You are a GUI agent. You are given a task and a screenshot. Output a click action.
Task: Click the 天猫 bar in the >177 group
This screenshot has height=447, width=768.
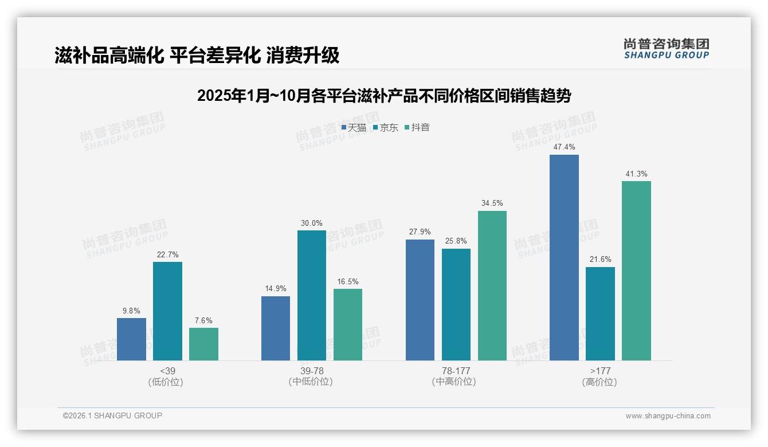564,257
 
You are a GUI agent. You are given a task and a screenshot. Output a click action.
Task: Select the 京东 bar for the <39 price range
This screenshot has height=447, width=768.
167,311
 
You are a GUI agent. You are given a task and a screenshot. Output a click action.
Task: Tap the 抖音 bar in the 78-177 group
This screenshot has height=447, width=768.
492,285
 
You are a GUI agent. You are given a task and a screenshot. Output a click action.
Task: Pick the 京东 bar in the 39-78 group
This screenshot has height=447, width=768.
312,295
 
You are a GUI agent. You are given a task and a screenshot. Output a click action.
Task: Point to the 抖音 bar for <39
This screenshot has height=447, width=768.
203,344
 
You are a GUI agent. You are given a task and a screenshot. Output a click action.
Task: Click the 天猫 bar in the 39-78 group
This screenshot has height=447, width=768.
276,328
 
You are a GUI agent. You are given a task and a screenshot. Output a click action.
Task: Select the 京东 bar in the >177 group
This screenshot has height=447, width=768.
600,313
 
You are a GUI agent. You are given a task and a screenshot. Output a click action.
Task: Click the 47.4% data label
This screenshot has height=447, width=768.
564,147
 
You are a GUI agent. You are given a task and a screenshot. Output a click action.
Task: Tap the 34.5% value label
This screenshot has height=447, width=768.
492,203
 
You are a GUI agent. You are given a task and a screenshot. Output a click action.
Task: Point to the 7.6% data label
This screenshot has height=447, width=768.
203,320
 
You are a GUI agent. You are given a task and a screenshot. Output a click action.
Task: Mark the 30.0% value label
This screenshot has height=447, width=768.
312,223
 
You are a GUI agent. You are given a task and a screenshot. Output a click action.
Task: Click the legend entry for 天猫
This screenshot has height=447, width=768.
354,128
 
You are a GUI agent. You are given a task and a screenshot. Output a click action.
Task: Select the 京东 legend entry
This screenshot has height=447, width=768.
386,128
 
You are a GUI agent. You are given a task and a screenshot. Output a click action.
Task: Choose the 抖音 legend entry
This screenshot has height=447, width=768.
417,128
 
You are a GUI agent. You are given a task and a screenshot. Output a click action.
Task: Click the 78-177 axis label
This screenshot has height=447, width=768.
456,371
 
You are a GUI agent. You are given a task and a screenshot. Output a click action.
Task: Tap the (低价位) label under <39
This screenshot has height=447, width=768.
166,382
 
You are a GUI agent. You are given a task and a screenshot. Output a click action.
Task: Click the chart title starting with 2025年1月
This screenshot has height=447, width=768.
384,96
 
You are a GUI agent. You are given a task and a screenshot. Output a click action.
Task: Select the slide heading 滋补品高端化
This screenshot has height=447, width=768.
197,55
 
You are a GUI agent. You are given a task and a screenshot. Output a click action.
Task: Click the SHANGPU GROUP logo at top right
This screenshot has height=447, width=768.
666,49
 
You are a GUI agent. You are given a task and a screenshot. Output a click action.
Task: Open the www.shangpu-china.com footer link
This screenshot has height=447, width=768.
668,416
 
